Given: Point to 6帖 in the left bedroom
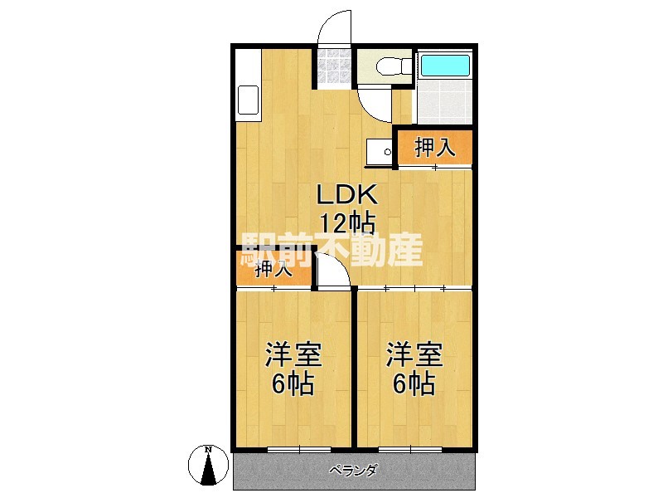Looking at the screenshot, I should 293,383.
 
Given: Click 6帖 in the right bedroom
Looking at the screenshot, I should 413,383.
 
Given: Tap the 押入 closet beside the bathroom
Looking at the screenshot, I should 434,148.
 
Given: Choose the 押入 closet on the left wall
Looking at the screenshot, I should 273,268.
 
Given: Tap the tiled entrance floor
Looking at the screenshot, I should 334,66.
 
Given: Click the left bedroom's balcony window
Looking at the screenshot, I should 294,450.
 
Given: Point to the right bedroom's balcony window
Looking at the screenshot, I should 414,450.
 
